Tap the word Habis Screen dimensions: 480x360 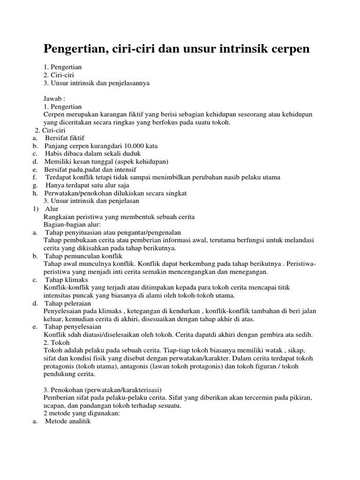(54, 154)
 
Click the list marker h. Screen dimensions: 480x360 (35, 193)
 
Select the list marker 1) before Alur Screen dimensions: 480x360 (35, 209)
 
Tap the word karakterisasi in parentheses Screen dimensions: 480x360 (137, 390)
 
